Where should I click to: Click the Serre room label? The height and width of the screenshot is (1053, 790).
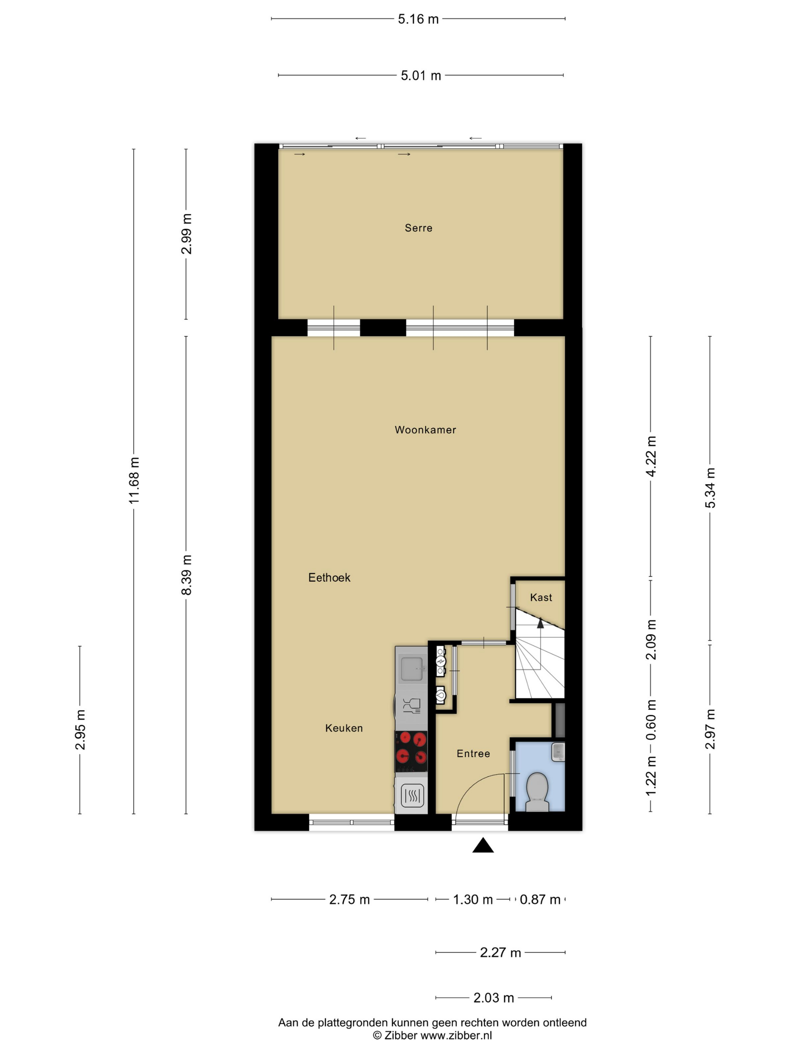(418, 228)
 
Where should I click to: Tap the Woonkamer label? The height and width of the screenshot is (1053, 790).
(425, 430)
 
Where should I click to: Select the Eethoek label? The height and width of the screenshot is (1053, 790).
(329, 577)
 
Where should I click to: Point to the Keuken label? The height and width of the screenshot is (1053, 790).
(344, 728)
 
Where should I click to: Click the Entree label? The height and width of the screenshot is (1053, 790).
(473, 754)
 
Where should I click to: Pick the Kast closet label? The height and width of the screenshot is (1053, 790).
(541, 598)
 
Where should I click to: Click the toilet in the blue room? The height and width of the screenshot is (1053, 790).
(537, 792)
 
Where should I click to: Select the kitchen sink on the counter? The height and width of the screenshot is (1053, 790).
(412, 669)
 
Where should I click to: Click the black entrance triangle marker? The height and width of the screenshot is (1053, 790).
(483, 845)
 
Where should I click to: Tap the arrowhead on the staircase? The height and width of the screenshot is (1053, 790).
(541, 623)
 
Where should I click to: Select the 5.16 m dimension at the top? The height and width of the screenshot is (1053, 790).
(418, 19)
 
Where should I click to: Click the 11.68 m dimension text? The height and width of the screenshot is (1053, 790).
(134, 480)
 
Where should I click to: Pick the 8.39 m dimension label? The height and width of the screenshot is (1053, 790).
(186, 575)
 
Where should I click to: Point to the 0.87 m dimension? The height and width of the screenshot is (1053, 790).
(540, 900)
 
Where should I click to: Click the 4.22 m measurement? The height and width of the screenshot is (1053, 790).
(651, 456)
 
